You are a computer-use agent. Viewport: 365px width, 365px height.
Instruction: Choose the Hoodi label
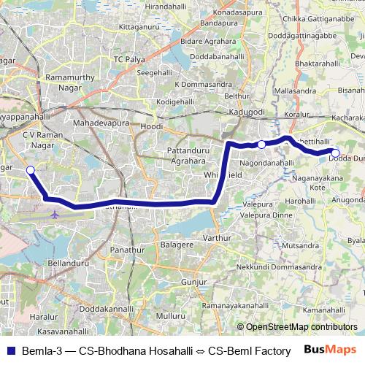152,126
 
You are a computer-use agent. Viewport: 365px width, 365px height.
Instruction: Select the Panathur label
128,250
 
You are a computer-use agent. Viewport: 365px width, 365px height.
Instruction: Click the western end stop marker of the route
31,170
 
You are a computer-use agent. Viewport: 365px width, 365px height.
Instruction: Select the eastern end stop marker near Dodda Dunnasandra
335,153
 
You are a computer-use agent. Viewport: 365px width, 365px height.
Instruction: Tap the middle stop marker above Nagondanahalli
261,145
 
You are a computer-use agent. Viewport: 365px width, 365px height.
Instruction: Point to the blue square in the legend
9,350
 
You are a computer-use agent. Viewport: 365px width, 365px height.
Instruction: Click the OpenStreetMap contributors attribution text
301,327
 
